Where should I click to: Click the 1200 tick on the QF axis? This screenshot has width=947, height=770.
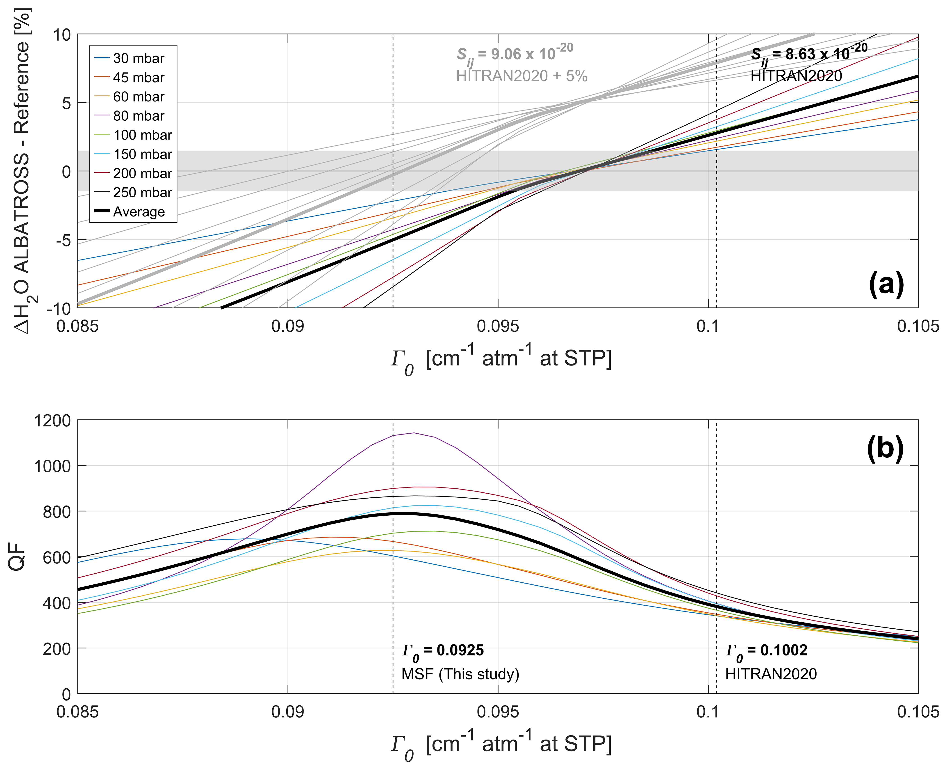(52, 421)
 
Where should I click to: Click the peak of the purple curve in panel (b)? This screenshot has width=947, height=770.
(413, 433)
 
